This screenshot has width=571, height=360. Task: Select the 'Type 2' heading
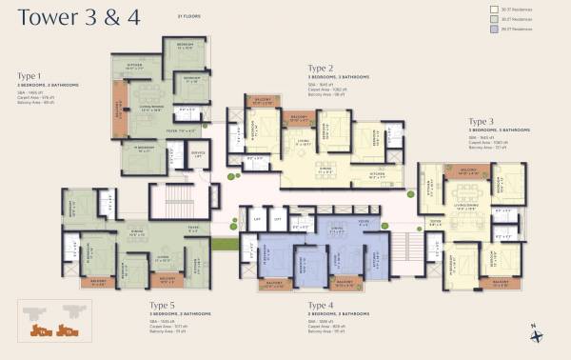click(320, 68)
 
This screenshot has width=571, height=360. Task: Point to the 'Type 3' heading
click(481, 122)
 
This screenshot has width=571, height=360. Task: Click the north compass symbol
click(536, 332)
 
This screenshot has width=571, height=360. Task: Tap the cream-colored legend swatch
click(482, 9)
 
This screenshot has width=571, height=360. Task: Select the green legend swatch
click(482, 19)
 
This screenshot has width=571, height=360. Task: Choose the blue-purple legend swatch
click(482, 30)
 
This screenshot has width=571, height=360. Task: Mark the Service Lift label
click(198, 154)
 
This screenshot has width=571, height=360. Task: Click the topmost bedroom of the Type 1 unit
click(184, 47)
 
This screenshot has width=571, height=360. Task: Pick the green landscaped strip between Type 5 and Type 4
click(225, 244)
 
